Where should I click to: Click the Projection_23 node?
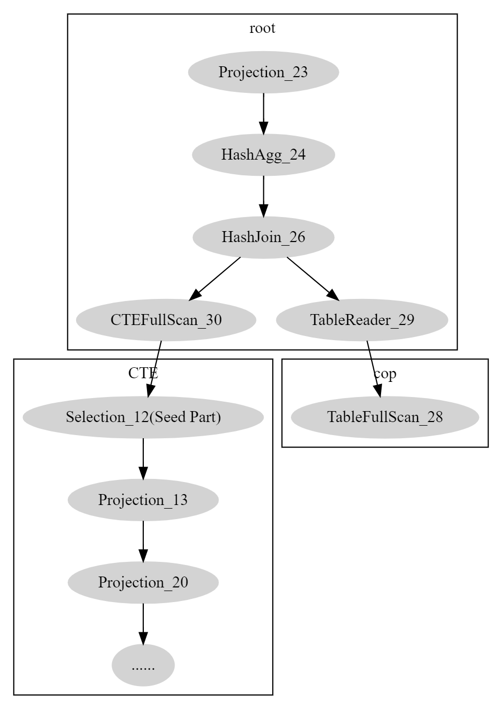263,72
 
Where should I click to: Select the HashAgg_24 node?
263,154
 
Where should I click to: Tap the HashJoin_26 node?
263,237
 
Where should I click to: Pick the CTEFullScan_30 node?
166,319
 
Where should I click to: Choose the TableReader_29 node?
362,319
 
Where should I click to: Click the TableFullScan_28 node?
385,417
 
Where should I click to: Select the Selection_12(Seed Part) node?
143,417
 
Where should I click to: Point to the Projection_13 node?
143,500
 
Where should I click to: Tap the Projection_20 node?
143,582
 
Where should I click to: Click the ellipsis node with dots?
143,665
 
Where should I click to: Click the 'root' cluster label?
262,28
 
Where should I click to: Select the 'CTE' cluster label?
143,373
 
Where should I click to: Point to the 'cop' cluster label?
385,374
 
